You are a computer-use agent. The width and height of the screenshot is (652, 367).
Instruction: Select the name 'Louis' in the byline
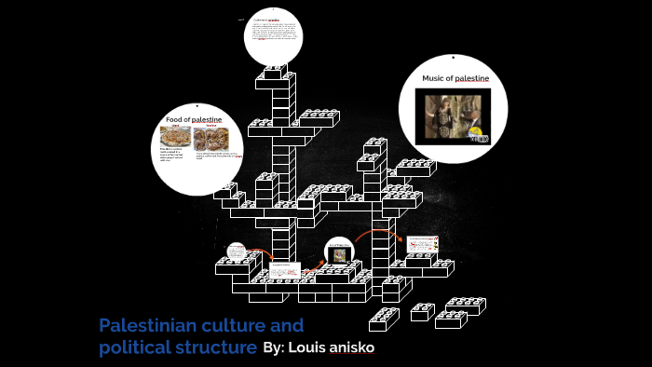pos(310,347)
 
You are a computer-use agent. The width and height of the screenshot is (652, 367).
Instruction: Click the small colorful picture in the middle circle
pos(340,254)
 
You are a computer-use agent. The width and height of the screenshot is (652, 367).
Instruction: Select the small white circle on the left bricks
pos(236,251)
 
